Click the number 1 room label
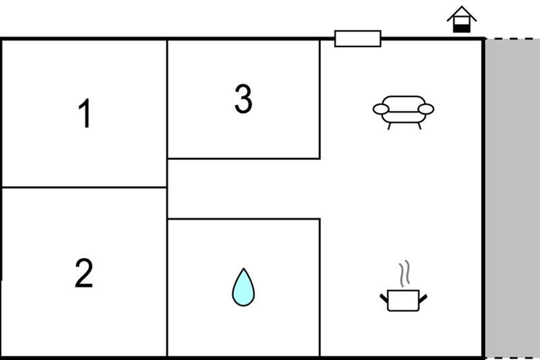tap(85, 113)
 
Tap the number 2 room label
tap(84, 273)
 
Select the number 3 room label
tap(243, 99)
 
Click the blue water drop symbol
tap(243, 287)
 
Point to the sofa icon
tap(403, 112)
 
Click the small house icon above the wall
tap(461, 19)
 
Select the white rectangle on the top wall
tap(358, 39)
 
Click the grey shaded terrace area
tap(513, 198)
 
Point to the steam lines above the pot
tap(404, 273)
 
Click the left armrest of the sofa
tap(381, 109)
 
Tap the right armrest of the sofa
tap(426, 109)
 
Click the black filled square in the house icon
tap(461, 28)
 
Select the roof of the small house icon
tap(461, 13)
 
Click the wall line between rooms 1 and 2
tap(84, 187)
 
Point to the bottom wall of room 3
tap(244, 158)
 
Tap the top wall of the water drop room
tap(244, 219)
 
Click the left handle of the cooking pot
tap(384, 298)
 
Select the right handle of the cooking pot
tap(423, 298)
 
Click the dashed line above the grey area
tap(513, 38)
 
